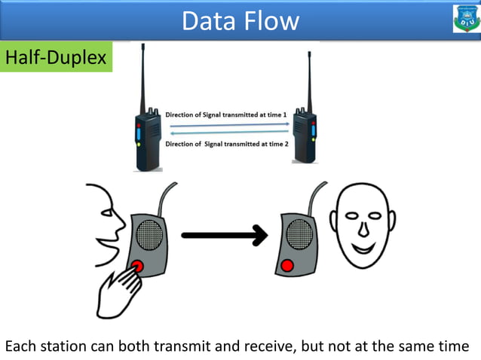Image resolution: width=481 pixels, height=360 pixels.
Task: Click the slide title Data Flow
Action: pos(240,20)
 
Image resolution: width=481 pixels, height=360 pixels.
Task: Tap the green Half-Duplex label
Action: pos(56,57)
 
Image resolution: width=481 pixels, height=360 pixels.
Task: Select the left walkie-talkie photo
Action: pos(147,136)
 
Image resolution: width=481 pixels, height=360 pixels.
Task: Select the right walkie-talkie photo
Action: pos(305,136)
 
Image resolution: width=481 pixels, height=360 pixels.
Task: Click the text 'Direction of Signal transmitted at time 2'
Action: pos(226,143)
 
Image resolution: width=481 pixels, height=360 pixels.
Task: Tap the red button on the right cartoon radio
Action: pos(286,265)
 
